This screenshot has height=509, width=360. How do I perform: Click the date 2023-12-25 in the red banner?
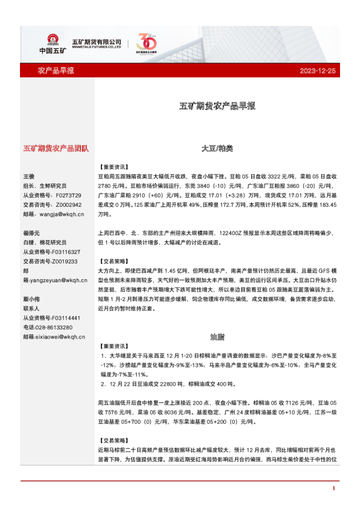(317, 71)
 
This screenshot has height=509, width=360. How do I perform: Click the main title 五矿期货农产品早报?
(217, 106)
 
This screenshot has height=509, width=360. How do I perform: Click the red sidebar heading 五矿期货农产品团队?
(56, 148)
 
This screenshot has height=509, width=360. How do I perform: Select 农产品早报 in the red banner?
(56, 71)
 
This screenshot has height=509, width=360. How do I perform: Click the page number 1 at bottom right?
(333, 488)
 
